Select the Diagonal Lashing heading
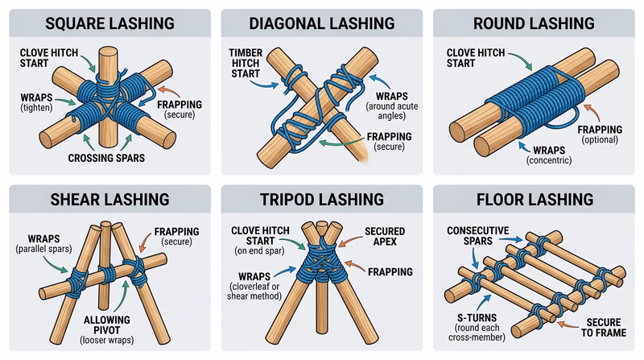coord(322,25)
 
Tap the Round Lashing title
coord(535,25)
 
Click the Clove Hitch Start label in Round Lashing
coord(472,58)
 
